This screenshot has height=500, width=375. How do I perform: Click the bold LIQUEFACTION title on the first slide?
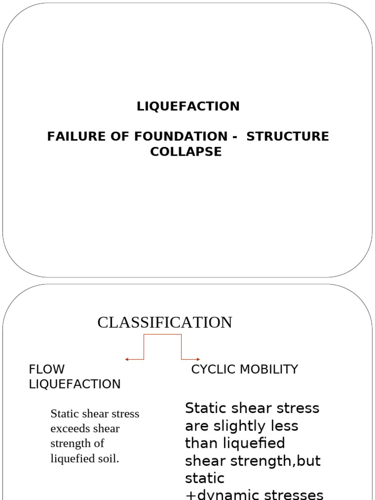click(x=188, y=106)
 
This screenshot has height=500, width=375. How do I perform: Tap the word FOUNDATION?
click(x=181, y=137)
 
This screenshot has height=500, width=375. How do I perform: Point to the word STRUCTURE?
click(x=288, y=137)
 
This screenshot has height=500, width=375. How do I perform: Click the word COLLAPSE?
click(x=186, y=151)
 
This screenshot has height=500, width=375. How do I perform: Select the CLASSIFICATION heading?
click(x=165, y=322)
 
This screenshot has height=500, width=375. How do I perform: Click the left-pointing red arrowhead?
click(x=126, y=359)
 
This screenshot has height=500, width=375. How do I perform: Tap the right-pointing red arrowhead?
click(x=198, y=359)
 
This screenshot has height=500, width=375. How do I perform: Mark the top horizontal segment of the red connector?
click(x=163, y=334)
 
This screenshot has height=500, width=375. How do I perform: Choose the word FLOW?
click(x=46, y=369)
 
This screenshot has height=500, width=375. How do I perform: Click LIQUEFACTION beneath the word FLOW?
click(x=75, y=384)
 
